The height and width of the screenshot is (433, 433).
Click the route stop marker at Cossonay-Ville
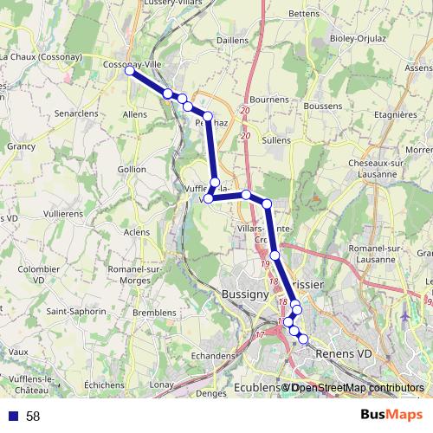coord(129,71)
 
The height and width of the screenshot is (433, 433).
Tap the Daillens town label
coord(231,40)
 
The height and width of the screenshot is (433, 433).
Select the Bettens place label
coord(304,13)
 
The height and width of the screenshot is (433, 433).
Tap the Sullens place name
coord(276,139)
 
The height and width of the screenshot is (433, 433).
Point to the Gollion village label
coord(132,169)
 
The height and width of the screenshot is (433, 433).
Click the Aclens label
coord(136,232)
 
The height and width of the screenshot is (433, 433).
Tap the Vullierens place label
coord(62,212)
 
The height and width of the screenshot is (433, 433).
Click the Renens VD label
coord(344,353)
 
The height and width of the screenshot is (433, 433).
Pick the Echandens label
coord(213,355)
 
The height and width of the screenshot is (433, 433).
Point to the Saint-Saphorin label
coord(74,311)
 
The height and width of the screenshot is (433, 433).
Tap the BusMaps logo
coord(391,416)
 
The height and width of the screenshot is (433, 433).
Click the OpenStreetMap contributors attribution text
coord(358,388)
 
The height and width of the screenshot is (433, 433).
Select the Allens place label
coord(135,113)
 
